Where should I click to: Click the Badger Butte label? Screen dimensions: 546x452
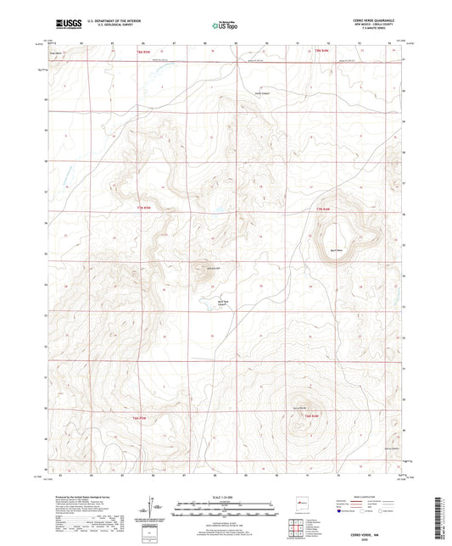pos(335,251)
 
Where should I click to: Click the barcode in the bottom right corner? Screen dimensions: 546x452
pos(439,516)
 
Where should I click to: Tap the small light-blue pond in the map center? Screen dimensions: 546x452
pos(219,204)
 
